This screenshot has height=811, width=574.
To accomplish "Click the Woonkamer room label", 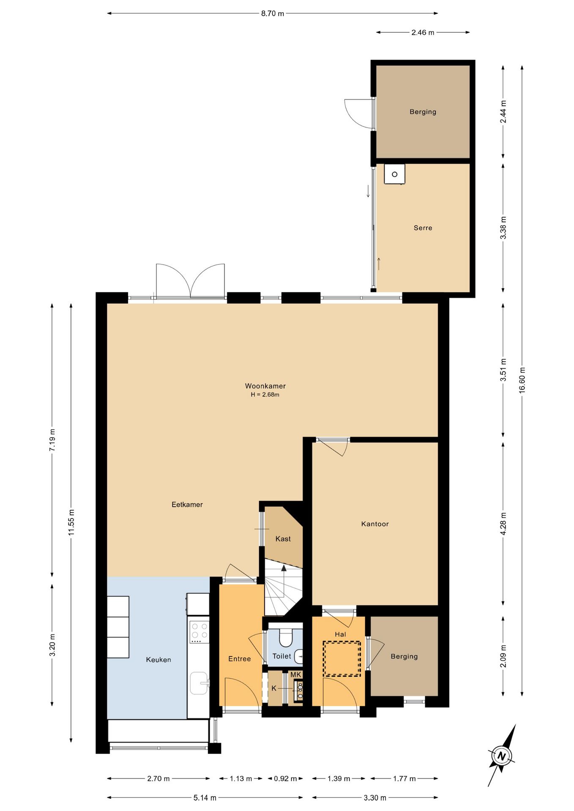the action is tap(265, 386).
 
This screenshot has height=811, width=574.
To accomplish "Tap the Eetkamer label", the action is tap(187, 504).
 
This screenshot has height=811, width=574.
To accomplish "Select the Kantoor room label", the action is tap(375, 524).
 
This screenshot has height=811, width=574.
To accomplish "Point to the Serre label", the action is tap(423, 228).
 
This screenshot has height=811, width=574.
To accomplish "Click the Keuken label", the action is tap(159, 659).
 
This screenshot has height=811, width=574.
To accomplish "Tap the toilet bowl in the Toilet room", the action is tap(286, 638).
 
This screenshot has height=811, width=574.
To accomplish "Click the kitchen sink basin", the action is tap(199, 683).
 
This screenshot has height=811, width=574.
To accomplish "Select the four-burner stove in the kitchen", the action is tap(199, 631).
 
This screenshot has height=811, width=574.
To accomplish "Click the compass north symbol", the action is tap(502, 756).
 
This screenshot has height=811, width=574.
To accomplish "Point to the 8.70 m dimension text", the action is tap(273, 14).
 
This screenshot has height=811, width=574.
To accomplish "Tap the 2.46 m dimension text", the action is tap(423, 33).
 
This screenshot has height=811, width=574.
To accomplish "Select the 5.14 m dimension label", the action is tap(205, 797).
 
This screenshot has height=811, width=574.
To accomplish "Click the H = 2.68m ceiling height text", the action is tap(265, 395).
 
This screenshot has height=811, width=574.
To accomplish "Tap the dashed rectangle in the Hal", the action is tap(342, 659).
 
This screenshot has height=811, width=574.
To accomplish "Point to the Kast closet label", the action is tap(283, 539).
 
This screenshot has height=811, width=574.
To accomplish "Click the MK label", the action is tap(296, 675).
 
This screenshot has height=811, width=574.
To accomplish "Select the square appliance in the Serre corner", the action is tap(394, 174).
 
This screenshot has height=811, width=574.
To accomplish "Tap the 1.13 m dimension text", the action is tap(241, 778).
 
